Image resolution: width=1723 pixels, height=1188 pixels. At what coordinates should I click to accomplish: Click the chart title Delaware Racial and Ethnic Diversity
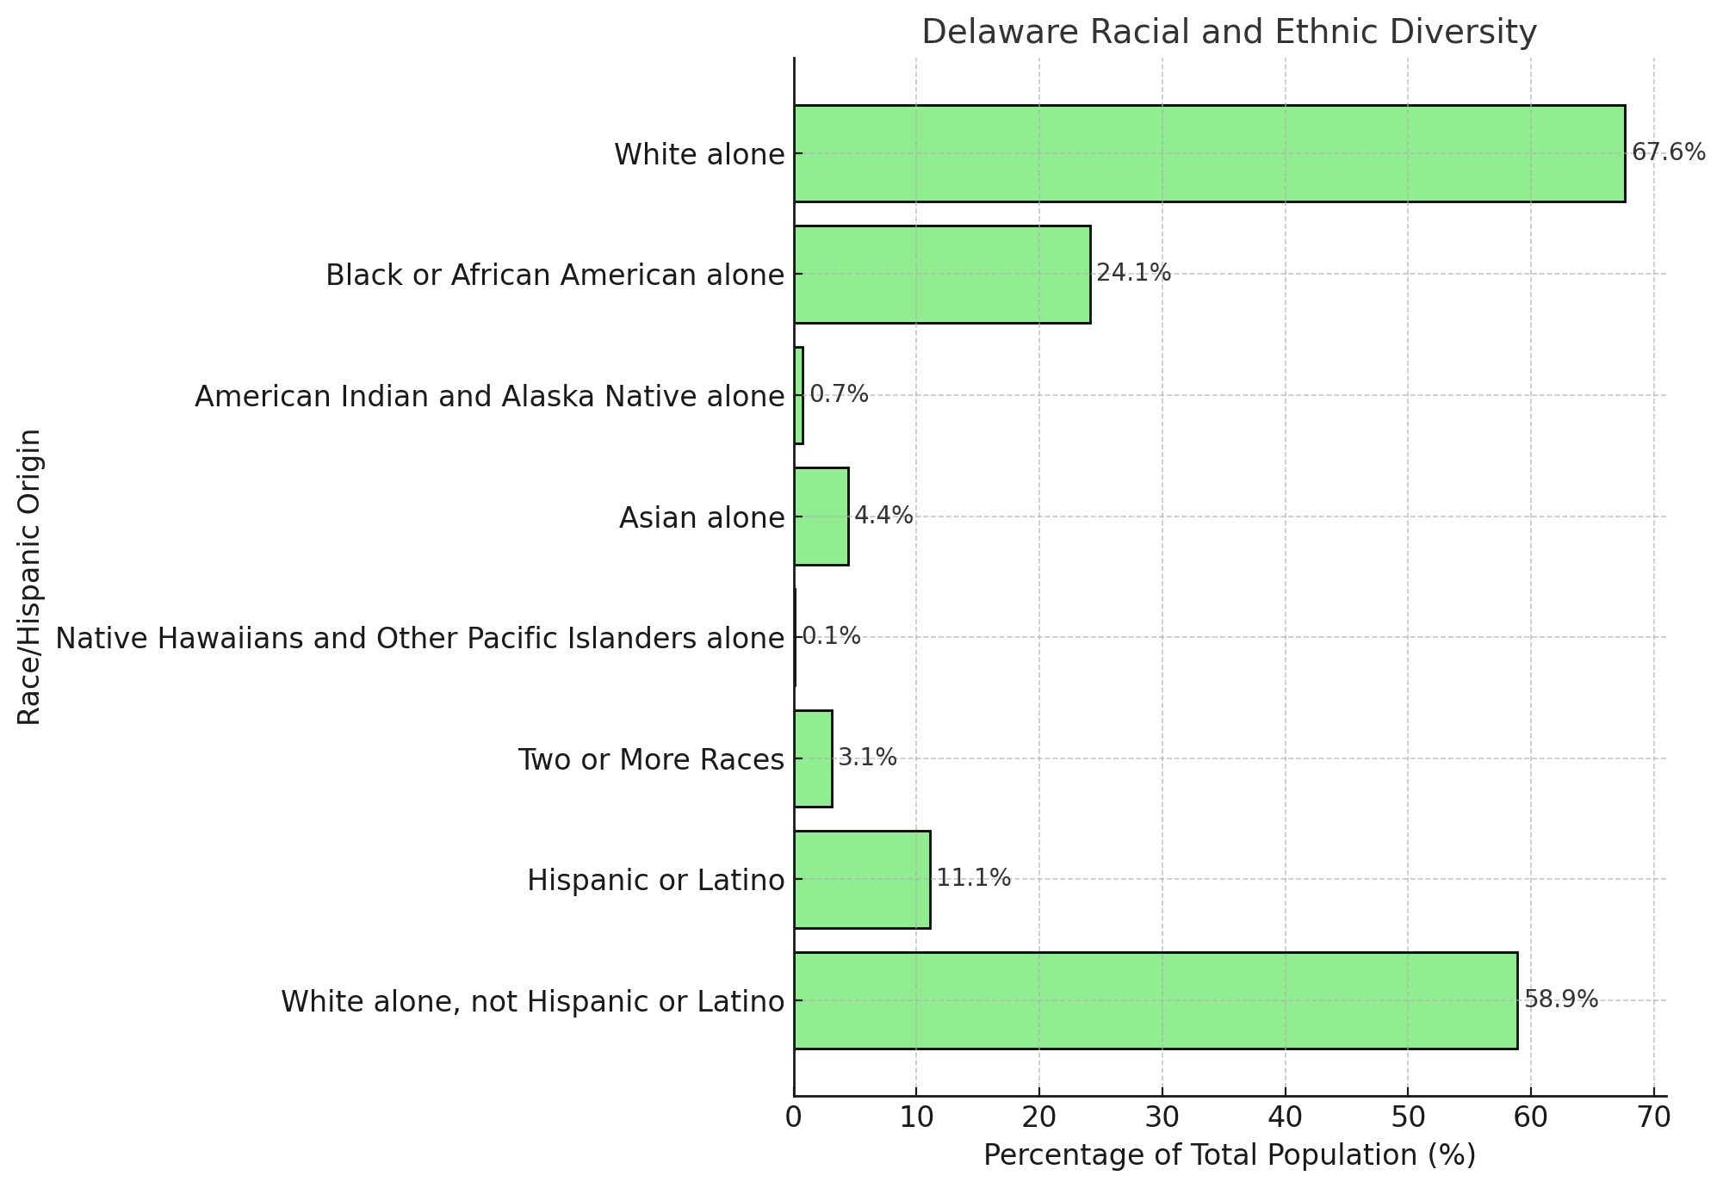(1229, 33)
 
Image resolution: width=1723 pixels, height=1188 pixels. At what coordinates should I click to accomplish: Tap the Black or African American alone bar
(942, 275)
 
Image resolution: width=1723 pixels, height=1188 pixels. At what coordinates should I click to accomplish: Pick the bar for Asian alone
(821, 517)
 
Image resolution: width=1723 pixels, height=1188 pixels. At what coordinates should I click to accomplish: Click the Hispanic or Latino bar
(862, 879)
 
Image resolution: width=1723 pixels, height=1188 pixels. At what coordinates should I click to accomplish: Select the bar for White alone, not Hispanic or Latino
(1155, 1000)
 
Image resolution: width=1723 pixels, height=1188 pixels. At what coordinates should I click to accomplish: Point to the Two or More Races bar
(813, 758)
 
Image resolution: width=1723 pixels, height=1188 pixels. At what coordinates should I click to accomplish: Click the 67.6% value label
(1668, 153)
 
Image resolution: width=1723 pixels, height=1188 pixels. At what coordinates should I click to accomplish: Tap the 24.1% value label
(1133, 274)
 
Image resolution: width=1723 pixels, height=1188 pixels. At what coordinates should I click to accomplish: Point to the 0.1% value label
(831, 637)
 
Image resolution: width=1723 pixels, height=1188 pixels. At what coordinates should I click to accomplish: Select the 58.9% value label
(1560, 999)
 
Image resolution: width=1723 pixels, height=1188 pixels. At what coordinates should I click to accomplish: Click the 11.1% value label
(973, 879)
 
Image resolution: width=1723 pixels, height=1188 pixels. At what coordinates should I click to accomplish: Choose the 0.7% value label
(839, 395)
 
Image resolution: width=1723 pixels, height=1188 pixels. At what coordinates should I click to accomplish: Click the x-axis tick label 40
(1285, 1117)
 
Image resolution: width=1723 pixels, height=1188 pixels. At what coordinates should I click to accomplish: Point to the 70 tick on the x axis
(1653, 1117)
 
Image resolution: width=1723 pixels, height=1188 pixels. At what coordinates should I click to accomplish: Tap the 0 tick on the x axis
(794, 1117)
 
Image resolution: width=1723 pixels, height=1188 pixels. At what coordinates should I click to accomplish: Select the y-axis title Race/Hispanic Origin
(30, 577)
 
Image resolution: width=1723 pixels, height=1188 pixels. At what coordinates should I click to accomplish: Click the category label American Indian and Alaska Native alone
(489, 397)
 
